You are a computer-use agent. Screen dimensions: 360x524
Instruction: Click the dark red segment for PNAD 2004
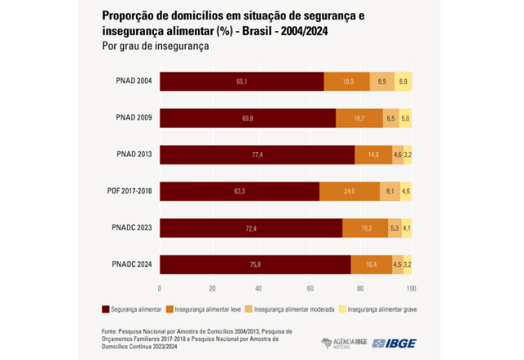pyautogui.click(x=242, y=82)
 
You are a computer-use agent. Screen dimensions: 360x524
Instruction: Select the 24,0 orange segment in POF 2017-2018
pyautogui.click(x=348, y=191)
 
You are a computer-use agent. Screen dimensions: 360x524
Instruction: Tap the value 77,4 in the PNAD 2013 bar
pyautogui.click(x=257, y=155)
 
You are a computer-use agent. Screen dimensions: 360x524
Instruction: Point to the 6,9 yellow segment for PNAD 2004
pyautogui.click(x=404, y=82)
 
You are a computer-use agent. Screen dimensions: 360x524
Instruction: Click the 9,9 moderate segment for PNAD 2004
pyautogui.click(x=382, y=82)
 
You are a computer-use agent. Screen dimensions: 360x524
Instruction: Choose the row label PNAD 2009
pyautogui.click(x=133, y=119)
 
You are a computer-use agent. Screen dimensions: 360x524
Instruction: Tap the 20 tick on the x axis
pyautogui.click(x=210, y=288)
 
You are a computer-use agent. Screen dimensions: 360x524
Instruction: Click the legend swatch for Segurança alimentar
pyautogui.click(x=105, y=309)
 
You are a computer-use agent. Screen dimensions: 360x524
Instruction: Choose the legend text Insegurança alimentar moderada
pyautogui.click(x=294, y=309)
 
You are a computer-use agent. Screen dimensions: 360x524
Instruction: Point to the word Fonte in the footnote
pyautogui.click(x=111, y=331)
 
